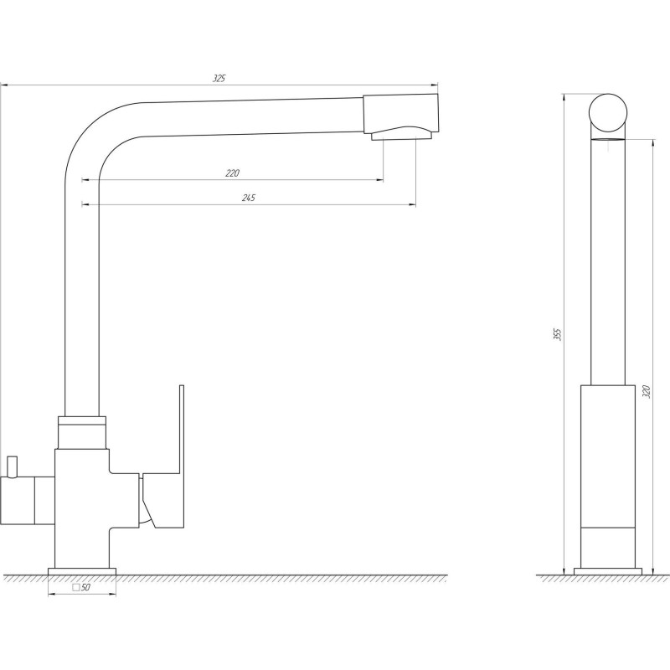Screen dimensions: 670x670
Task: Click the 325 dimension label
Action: point(219,78)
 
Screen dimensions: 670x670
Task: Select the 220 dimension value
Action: point(233,173)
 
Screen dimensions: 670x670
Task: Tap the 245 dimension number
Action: point(249,198)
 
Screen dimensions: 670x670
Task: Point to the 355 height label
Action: point(557,334)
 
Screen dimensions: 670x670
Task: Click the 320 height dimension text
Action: point(646,392)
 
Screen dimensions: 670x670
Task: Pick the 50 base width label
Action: point(86,587)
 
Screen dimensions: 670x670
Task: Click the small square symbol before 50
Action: point(76,587)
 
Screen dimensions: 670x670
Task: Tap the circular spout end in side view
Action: point(608,113)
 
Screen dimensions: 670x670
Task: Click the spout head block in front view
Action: point(401,113)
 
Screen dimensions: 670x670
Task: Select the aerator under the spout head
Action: point(402,135)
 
